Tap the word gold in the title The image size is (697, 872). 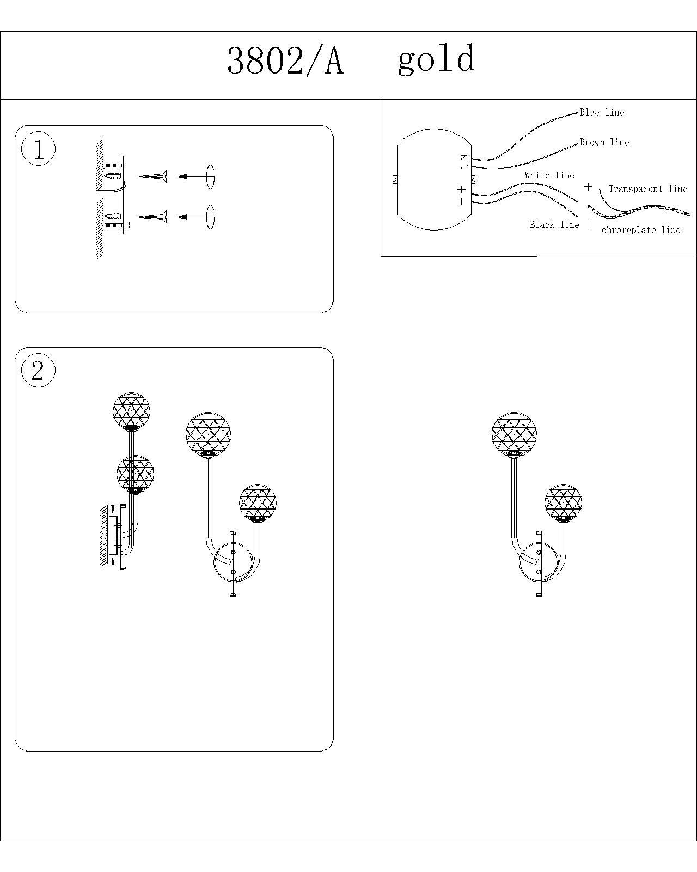436,59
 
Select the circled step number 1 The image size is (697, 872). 38,149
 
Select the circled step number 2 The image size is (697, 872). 38,371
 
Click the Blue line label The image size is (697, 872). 602,112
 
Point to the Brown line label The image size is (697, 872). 604,142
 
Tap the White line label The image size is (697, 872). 549,175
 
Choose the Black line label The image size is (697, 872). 554,225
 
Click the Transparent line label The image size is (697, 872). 648,189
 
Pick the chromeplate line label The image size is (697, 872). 641,230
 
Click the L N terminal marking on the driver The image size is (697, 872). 464,162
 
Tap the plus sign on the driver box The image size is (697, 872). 461,189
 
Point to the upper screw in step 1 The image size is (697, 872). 152,177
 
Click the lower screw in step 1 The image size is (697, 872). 152,217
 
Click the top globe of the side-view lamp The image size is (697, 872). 131,411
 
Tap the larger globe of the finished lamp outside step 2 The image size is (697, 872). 514,434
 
